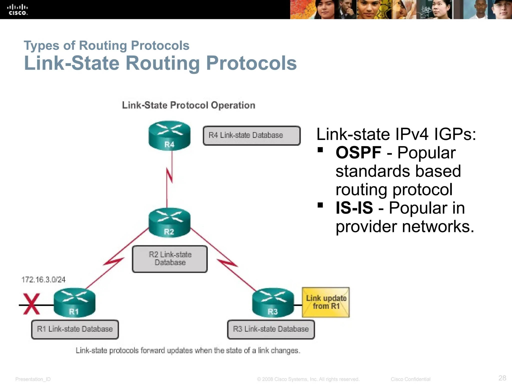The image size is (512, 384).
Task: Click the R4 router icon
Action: tap(169, 135)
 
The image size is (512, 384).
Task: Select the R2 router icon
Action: tap(169, 222)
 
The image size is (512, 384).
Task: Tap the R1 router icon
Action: tap(74, 302)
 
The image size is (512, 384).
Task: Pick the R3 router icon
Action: tap(273, 302)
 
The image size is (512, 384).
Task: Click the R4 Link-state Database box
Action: tap(251, 135)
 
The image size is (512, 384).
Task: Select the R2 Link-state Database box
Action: tap(170, 259)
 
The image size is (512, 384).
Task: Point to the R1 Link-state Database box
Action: tap(75, 329)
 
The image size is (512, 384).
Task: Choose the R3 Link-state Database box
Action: tap(271, 329)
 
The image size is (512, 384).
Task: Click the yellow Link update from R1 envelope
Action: tap(326, 302)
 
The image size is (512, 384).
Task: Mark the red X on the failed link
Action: tap(31, 304)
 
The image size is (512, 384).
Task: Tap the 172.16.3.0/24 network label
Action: tap(43, 279)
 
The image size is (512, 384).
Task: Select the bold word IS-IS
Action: tap(354, 208)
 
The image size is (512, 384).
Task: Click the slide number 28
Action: tap(502, 378)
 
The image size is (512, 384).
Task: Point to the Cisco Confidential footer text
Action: tap(410, 379)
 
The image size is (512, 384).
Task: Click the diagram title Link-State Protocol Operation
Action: tap(188, 105)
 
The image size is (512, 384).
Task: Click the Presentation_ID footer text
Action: tap(33, 379)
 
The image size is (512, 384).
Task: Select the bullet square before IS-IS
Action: tap(320, 205)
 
